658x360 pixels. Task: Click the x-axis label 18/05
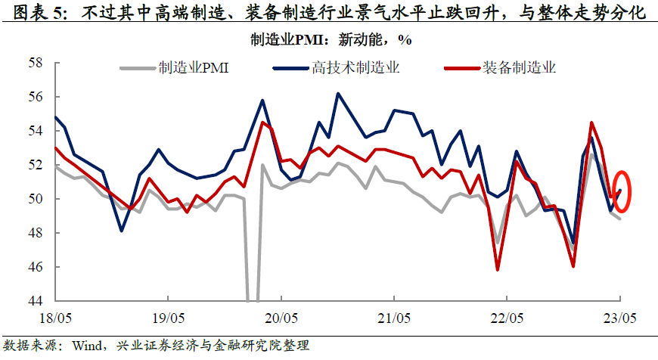click(56, 318)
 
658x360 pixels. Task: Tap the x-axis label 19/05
click(169, 318)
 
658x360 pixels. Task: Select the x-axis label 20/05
click(281, 318)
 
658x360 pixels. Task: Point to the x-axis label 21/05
click(394, 318)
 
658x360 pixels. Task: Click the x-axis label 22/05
click(507, 318)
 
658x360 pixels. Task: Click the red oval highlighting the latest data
click(620, 191)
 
